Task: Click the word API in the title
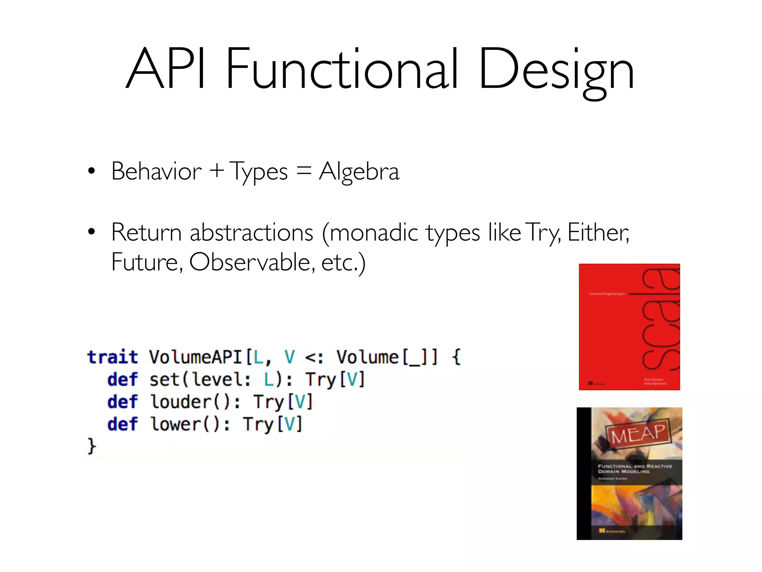166,69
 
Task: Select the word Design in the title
556,71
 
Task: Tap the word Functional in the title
342,69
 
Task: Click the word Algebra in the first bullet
359,172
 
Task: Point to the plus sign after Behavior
217,171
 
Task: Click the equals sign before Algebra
304,171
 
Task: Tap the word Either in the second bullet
598,232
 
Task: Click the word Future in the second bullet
147,262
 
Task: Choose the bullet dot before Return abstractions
92,232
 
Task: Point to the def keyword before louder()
122,402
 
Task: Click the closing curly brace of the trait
92,445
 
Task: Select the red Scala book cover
629,327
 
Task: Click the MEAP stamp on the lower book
638,433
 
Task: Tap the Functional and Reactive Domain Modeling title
634,468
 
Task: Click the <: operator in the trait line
314,357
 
